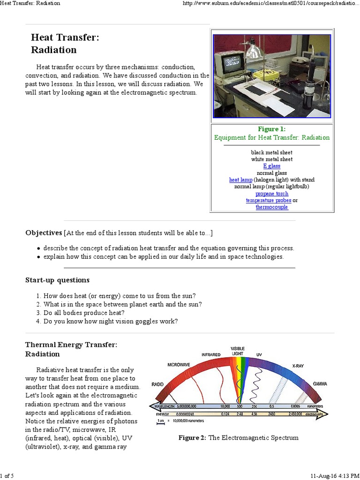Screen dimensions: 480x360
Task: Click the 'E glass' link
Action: [x=271, y=166]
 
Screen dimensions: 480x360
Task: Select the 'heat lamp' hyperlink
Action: [x=240, y=180]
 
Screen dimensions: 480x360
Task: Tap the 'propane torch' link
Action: [x=271, y=194]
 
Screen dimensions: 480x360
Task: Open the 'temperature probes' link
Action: [x=268, y=200]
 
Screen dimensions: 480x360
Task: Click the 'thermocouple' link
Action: [x=271, y=207]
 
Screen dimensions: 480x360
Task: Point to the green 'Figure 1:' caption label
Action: [x=271, y=129]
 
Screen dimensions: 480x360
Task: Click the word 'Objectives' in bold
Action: [x=44, y=233]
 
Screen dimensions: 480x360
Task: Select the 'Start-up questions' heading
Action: [x=57, y=280]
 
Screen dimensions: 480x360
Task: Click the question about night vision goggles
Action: [x=111, y=321]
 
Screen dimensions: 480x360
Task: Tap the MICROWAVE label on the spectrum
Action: [x=179, y=364]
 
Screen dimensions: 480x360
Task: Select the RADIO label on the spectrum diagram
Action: [x=157, y=384]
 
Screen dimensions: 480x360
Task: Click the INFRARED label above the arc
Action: [x=211, y=355]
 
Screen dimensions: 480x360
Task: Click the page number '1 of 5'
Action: [x=7, y=476]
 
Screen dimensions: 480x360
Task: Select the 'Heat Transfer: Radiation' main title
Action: [x=65, y=44]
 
